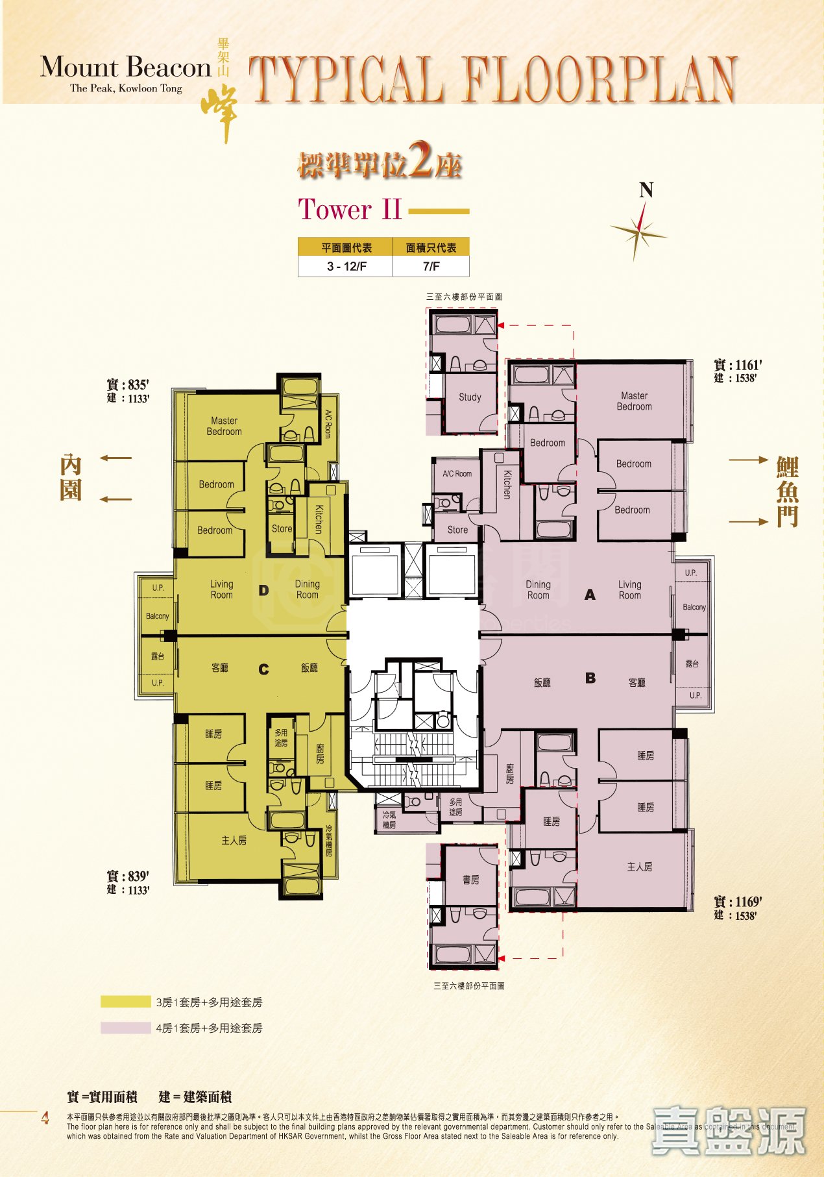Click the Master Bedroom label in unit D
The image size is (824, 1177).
pos(224,426)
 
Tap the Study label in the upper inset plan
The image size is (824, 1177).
pos(470,397)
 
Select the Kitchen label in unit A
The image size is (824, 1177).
pos(507,484)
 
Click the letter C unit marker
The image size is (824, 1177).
pos(263,669)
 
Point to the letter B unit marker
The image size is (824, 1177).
pos(590,678)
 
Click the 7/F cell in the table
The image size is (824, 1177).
pos(431,266)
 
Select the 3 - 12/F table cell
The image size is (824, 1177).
pos(346,266)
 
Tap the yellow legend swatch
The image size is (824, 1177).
pos(125,1002)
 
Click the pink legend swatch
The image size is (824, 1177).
pos(125,1028)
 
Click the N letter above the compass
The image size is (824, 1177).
pos(646,190)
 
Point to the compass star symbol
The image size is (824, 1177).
pos(640,230)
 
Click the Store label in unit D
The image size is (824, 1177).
pos(282,528)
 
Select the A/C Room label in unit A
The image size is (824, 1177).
pos(457,473)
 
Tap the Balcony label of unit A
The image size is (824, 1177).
pos(694,607)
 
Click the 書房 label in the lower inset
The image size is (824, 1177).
pos(471,880)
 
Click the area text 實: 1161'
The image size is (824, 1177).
pos(738,365)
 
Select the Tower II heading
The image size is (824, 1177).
pos(350,210)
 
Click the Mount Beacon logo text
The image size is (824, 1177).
pos(126,68)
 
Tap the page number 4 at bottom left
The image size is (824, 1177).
pos(45,1118)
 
